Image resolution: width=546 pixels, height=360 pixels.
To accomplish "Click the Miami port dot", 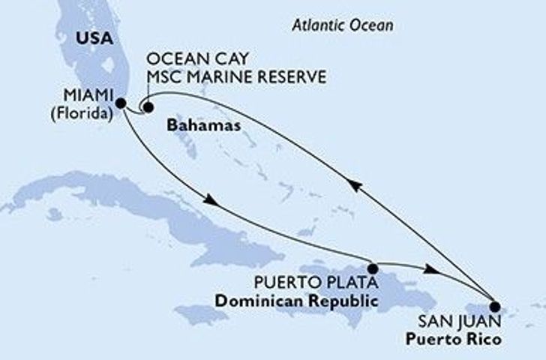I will tap(121, 103).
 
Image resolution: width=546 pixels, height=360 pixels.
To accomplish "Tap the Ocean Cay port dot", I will tap(148, 107).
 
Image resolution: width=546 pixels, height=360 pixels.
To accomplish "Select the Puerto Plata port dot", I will tap(373, 268).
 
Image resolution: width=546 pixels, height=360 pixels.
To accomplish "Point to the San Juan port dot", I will tap(494, 305).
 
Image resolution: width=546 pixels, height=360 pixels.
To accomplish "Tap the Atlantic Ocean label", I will tap(342, 25).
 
